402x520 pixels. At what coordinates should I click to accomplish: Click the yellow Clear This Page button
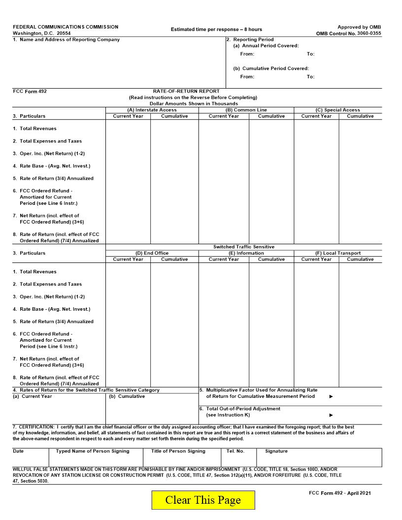click(203, 500)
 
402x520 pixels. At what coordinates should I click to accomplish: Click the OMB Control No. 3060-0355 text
click(348, 33)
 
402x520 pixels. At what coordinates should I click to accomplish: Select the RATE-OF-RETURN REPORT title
click(186, 91)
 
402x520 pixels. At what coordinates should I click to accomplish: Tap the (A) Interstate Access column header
click(152, 110)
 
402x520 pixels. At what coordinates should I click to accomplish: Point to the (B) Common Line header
click(246, 110)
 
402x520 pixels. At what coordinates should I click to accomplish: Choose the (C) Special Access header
click(337, 110)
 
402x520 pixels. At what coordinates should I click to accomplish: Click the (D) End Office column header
click(152, 253)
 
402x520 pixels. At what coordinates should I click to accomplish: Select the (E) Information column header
click(246, 253)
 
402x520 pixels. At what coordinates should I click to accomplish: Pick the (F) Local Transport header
click(337, 253)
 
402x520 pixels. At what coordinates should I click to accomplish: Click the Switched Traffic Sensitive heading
click(244, 247)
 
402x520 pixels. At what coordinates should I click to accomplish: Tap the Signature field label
click(276, 451)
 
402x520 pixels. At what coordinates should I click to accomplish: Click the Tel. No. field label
click(235, 451)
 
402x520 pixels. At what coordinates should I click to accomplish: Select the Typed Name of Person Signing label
click(93, 451)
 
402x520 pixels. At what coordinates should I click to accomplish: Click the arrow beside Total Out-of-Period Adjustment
click(331, 415)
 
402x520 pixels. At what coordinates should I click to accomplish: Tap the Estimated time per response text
click(216, 30)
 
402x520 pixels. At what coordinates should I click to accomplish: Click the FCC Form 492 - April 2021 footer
click(339, 493)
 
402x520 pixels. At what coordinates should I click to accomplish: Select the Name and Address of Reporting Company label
click(66, 40)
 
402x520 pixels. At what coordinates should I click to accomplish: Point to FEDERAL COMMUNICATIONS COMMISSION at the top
click(66, 27)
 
